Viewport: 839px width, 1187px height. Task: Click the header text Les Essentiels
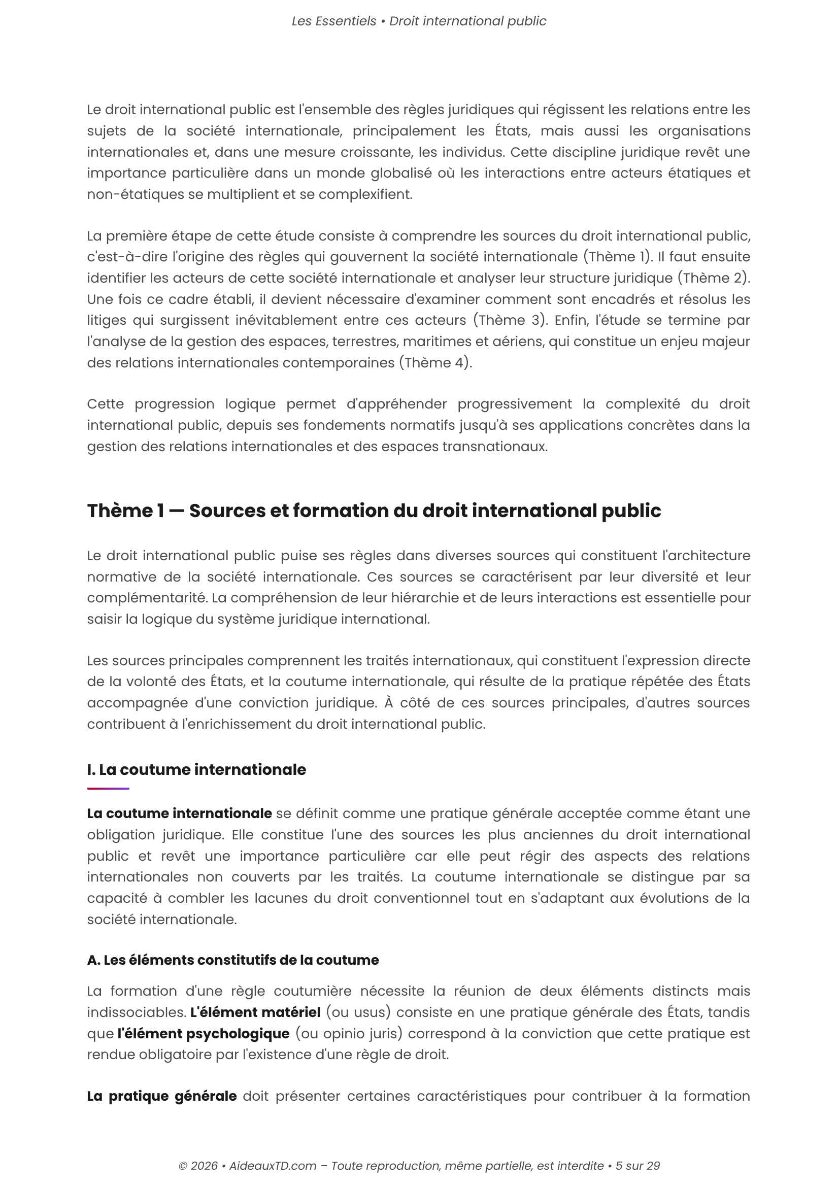(334, 21)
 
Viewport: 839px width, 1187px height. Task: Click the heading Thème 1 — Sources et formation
(373, 511)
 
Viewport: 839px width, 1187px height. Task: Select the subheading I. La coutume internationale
(196, 770)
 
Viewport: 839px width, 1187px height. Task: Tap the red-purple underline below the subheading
(108, 789)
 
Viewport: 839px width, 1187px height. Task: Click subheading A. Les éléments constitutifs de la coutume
(232, 960)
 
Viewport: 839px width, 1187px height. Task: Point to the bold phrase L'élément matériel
(255, 1012)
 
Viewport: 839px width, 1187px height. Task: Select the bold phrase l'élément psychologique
(203, 1033)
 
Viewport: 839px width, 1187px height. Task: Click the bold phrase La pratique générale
(162, 1096)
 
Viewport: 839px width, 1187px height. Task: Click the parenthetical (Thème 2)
(714, 278)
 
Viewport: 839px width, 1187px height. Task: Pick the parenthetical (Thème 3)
(510, 320)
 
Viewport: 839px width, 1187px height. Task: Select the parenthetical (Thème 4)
(434, 362)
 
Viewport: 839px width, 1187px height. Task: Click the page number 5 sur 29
(637, 1166)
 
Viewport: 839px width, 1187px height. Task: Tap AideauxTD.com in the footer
(273, 1166)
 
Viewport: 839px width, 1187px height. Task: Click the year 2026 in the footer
(204, 1166)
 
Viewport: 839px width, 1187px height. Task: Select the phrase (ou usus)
(358, 1012)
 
